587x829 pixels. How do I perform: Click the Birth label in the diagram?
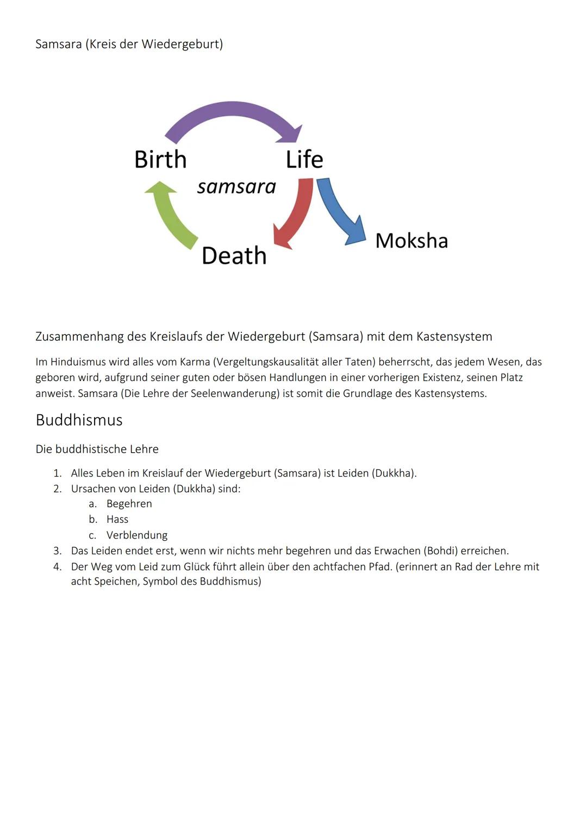pos(160,160)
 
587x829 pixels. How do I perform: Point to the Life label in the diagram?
pos(304,160)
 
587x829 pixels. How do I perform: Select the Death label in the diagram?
pos(234,256)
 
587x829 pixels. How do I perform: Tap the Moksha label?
pos(411,241)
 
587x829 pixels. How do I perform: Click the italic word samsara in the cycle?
pos(236,187)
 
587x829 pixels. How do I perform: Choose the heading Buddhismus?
pos(79,420)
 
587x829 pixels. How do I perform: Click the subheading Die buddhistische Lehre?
pos(97,449)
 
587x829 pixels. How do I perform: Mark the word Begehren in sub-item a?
pos(129,504)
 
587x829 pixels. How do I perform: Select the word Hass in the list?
pos(117,520)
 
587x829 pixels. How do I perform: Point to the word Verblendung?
pos(137,535)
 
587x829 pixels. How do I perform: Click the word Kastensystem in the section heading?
pos(454,337)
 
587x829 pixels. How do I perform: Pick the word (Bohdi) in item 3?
pos(441,551)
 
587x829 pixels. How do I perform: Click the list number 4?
pos(57,567)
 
